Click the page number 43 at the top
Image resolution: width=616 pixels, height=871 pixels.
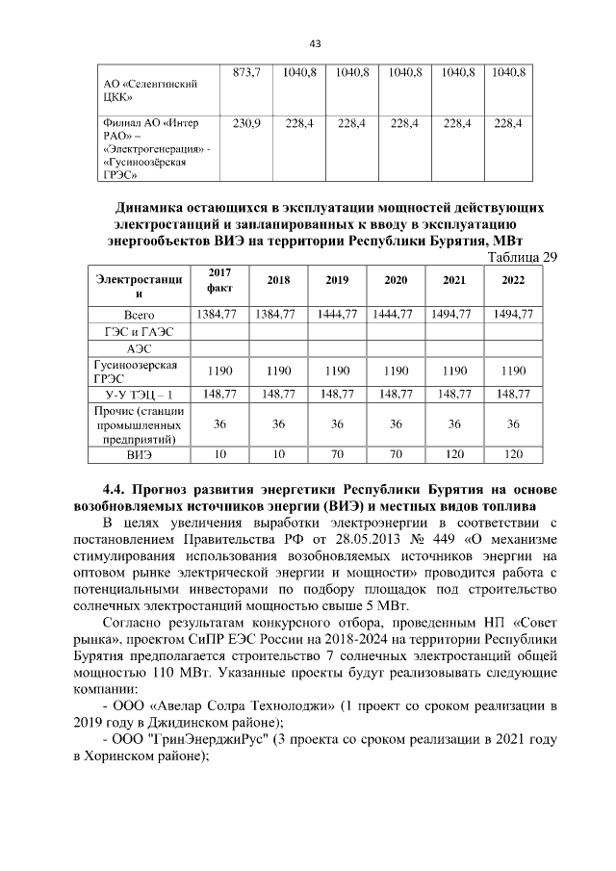(314, 42)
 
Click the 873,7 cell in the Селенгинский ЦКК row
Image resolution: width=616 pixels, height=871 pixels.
(247, 73)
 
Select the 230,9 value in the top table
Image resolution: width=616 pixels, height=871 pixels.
(247, 123)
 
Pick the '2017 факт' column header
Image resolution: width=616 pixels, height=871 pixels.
(219, 280)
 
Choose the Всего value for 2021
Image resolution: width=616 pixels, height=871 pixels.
(454, 315)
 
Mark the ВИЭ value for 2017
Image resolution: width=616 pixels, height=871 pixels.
(219, 453)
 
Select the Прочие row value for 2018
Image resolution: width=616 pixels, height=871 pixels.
(278, 423)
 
